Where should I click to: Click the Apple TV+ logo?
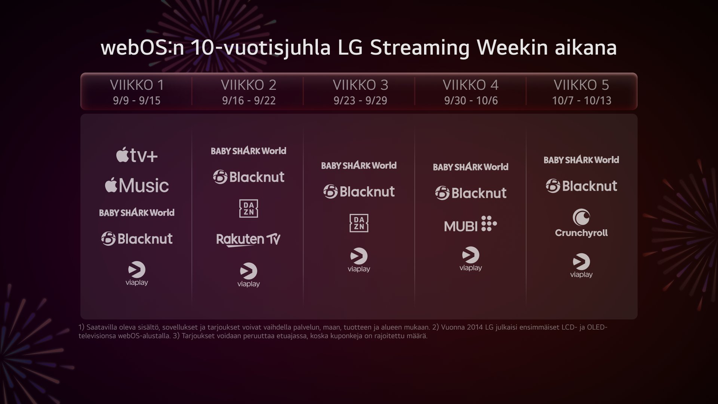tap(137, 155)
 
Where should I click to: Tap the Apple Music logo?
tap(137, 186)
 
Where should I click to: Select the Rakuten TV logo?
tap(248, 240)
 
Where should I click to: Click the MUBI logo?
tap(470, 224)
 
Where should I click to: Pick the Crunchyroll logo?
tap(581, 223)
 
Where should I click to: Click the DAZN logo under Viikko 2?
tap(249, 208)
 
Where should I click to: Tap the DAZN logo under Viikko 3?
tap(359, 223)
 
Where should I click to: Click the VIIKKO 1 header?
tap(137, 85)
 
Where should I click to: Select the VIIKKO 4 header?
tap(470, 85)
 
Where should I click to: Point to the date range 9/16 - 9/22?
tap(249, 101)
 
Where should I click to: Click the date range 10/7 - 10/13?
tap(582, 101)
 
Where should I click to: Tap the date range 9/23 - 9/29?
tap(360, 101)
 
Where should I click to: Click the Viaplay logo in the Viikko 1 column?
tap(137, 274)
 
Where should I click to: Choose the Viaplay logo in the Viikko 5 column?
tap(581, 266)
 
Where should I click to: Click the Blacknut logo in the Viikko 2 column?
tap(249, 177)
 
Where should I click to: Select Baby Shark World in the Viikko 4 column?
tap(470, 167)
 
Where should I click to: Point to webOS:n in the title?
tap(142, 48)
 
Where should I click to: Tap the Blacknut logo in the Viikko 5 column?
tap(581, 186)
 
